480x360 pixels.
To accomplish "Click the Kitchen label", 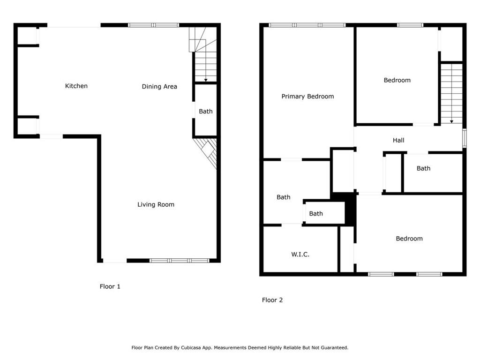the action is tap(76, 86).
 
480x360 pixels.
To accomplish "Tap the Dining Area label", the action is tap(159, 87).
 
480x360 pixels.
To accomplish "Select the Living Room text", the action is tap(156, 204).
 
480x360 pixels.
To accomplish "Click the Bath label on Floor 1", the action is tap(206, 112).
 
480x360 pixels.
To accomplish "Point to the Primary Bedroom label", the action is tap(307, 97).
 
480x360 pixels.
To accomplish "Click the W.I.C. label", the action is tap(300, 255).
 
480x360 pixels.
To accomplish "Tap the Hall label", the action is tap(398, 140).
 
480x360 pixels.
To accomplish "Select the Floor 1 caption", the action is tap(110, 286).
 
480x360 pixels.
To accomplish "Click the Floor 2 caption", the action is tap(272, 300).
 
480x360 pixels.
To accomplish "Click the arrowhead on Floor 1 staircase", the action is tap(206, 80).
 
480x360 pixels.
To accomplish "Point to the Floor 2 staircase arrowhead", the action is tap(451, 122).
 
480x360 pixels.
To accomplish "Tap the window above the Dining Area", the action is tap(153, 25).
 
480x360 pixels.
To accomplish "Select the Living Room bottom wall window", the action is tap(180, 261).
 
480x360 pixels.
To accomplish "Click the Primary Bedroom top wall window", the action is tap(307, 25).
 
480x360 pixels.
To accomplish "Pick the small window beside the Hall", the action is tap(465, 138).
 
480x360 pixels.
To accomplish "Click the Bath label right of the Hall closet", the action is tap(423, 168).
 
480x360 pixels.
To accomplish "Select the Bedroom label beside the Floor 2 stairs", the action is tap(397, 80).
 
